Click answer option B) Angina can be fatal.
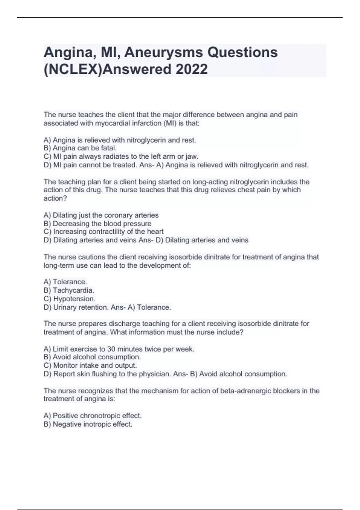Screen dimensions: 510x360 pos(80,148)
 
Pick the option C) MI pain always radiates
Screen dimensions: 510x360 pos(121,156)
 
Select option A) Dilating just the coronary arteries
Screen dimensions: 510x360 pos(101,215)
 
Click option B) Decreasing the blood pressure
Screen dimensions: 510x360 pos(97,223)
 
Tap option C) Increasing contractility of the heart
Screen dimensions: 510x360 pos(103,232)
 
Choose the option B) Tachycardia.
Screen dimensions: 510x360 pos(69,290)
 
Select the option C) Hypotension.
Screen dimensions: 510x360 pos(70,299)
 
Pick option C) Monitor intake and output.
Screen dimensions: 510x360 pos(90,365)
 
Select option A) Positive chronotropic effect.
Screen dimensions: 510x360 pos(93,415)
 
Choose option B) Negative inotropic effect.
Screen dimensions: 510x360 pos(88,424)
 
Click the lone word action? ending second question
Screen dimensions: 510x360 pos(55,198)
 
